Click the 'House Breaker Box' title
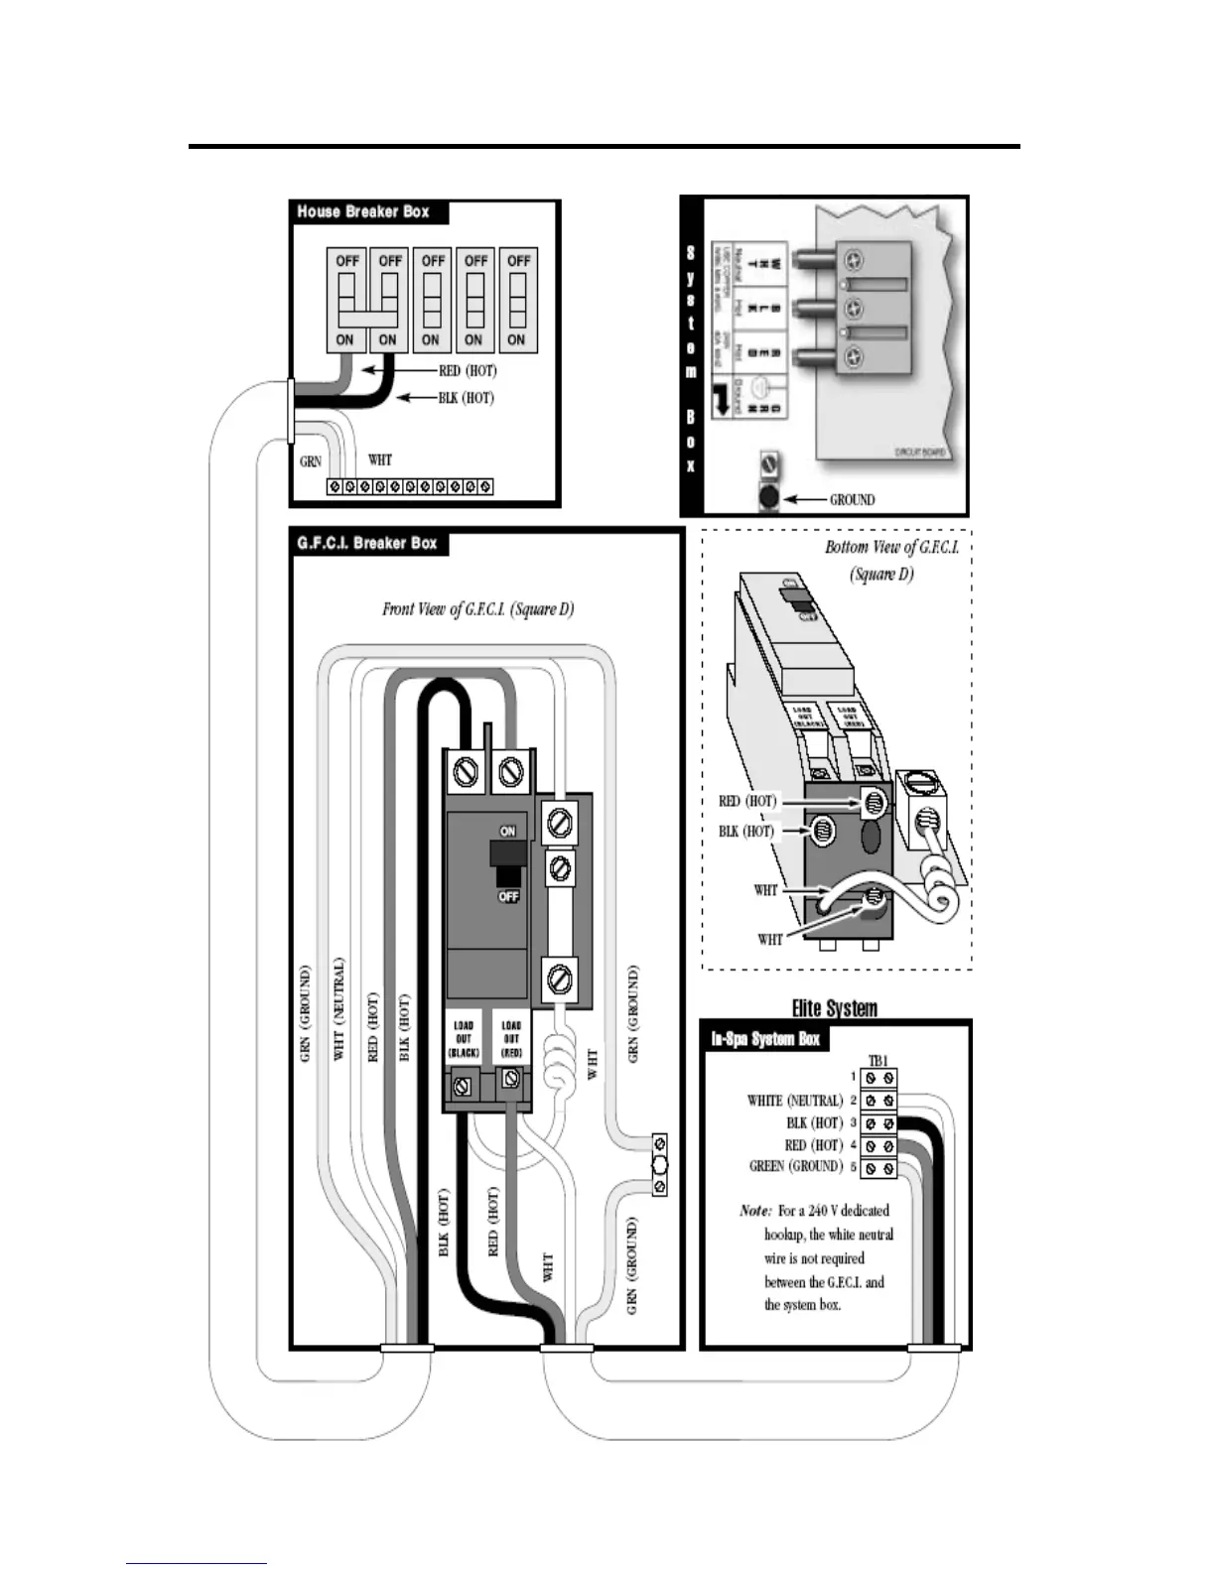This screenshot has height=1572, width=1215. click(x=363, y=211)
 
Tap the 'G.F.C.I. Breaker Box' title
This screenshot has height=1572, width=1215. click(x=366, y=543)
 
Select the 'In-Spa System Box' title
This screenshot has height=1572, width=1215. click(x=765, y=1039)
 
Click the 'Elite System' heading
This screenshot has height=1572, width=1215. click(x=834, y=1008)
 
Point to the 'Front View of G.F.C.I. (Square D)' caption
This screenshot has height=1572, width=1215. click(x=477, y=608)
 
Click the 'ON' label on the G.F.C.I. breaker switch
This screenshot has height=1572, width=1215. click(x=507, y=831)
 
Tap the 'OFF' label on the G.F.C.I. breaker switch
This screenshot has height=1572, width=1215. click(x=508, y=896)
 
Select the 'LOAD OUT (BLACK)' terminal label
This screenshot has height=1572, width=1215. click(x=464, y=1038)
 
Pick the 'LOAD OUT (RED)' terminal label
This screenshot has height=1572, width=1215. click(x=511, y=1038)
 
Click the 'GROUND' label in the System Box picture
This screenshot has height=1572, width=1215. click(x=852, y=499)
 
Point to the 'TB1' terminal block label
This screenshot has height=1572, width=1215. click(x=877, y=1060)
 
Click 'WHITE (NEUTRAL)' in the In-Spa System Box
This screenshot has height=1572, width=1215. click(x=794, y=1101)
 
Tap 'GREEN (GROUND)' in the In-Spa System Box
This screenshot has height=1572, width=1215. click(x=795, y=1166)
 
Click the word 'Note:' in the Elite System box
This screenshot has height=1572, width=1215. click(x=755, y=1211)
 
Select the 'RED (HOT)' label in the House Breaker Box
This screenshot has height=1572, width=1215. click(x=467, y=371)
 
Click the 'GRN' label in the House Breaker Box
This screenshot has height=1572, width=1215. click(x=310, y=461)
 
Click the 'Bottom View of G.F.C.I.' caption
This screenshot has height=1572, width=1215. click(x=891, y=548)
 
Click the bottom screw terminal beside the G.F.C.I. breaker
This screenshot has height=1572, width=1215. click(x=558, y=982)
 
